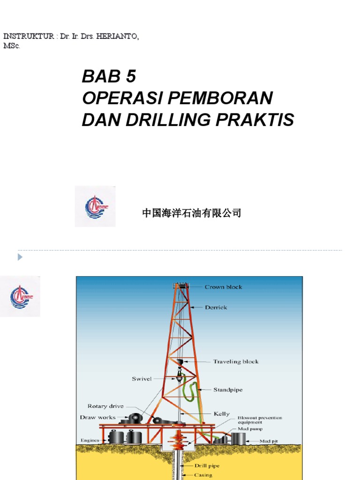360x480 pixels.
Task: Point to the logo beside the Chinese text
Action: (95, 206)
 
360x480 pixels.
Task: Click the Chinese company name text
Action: (192, 214)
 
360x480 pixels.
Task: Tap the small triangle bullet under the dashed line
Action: (20, 257)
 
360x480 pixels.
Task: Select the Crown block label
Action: (223, 287)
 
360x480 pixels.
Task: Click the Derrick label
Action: (216, 307)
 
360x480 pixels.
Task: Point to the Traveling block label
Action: (236, 361)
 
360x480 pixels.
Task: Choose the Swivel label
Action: (142, 379)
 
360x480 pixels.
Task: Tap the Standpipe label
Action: (228, 390)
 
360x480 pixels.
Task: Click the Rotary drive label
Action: (106, 406)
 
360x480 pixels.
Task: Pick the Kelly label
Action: (222, 414)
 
